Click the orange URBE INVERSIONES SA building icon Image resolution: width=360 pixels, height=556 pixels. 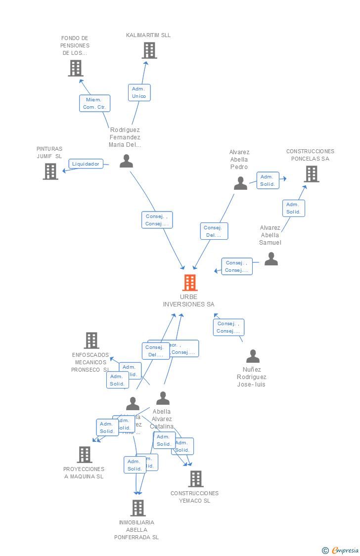point(190,283)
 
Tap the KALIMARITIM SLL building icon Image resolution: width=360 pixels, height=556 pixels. point(149,50)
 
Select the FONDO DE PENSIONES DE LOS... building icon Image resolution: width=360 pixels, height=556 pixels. point(75,68)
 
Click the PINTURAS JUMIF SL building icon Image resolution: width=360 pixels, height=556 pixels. point(50,171)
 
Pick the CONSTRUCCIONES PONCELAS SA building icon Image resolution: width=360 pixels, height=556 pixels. point(311,174)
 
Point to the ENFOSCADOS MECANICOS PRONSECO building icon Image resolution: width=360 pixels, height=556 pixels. point(91,341)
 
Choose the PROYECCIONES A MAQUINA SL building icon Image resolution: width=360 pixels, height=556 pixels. point(85,455)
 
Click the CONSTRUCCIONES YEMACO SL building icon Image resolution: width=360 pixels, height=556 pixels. point(196,478)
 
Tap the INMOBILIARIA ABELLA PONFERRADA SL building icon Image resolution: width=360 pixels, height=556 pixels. point(138,508)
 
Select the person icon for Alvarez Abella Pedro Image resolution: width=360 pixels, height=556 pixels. point(240,183)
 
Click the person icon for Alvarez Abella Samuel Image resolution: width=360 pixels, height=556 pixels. point(271,259)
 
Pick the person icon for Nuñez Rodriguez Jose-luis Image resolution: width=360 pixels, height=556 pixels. point(253,356)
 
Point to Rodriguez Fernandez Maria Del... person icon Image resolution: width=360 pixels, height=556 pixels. point(127,161)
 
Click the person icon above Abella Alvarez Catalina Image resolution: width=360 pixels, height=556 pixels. point(163,398)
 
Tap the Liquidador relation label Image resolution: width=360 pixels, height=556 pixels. point(86,164)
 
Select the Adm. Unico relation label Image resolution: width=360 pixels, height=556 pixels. point(139,92)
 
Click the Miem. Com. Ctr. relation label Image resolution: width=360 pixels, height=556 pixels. point(94,103)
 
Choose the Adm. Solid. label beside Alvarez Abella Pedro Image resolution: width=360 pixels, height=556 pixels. point(268,180)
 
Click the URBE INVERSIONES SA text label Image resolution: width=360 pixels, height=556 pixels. point(188,300)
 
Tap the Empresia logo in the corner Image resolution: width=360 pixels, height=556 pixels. point(341,550)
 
